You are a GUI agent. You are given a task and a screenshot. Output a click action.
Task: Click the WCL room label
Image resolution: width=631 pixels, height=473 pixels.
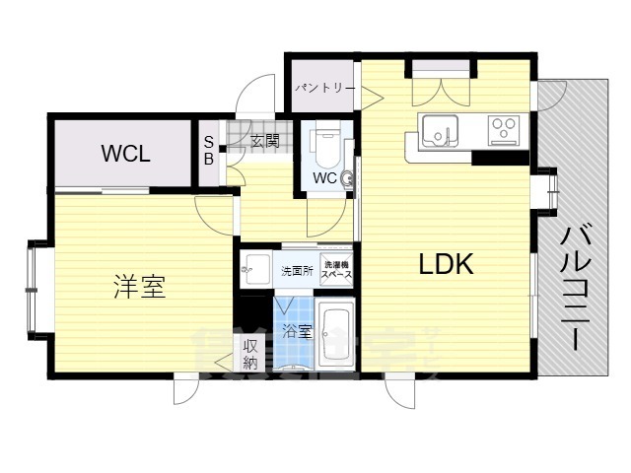[x=124, y=154]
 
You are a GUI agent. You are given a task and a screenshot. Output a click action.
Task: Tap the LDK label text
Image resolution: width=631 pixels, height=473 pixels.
[x=447, y=264]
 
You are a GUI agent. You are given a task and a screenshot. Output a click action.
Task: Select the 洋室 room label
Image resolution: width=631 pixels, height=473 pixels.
[x=138, y=288]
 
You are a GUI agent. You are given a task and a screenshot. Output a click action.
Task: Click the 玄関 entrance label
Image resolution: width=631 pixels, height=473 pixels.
[x=264, y=141]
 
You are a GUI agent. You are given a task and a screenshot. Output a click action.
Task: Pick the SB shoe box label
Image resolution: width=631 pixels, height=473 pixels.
[x=208, y=150]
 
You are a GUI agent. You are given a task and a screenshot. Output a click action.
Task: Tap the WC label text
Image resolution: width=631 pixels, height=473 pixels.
[x=324, y=178]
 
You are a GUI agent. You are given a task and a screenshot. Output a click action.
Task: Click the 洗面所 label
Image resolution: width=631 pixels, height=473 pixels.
[x=297, y=268]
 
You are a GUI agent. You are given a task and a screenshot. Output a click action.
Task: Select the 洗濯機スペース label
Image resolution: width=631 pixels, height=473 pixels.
[x=336, y=268]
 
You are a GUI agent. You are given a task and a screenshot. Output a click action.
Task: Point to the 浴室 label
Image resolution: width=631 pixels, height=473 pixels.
[x=297, y=331]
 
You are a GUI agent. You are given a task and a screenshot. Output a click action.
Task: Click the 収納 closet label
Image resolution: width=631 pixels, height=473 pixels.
[x=249, y=355]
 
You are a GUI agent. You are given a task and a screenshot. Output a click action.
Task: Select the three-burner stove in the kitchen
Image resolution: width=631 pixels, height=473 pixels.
[x=504, y=129]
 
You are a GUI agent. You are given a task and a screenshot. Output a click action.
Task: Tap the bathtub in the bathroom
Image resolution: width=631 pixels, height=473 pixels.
[x=337, y=338]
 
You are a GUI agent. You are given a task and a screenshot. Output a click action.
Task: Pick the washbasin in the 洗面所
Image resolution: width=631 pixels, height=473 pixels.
[x=256, y=267]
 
